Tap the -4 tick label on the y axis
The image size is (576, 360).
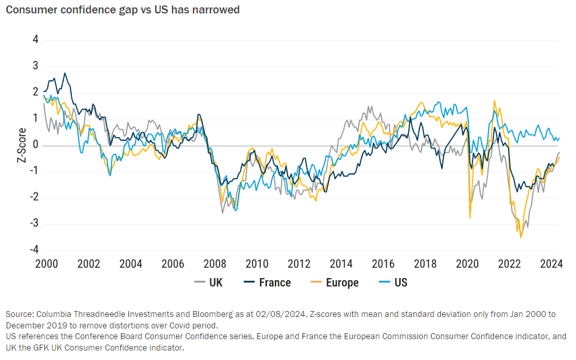[34, 249]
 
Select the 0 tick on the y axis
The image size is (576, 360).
[36, 145]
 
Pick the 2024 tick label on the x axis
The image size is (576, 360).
[551, 263]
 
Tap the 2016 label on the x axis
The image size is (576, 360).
[382, 263]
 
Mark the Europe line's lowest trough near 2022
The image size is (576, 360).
[521, 237]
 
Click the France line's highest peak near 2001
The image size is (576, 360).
[65, 73]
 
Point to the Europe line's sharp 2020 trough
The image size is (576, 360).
[469, 218]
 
